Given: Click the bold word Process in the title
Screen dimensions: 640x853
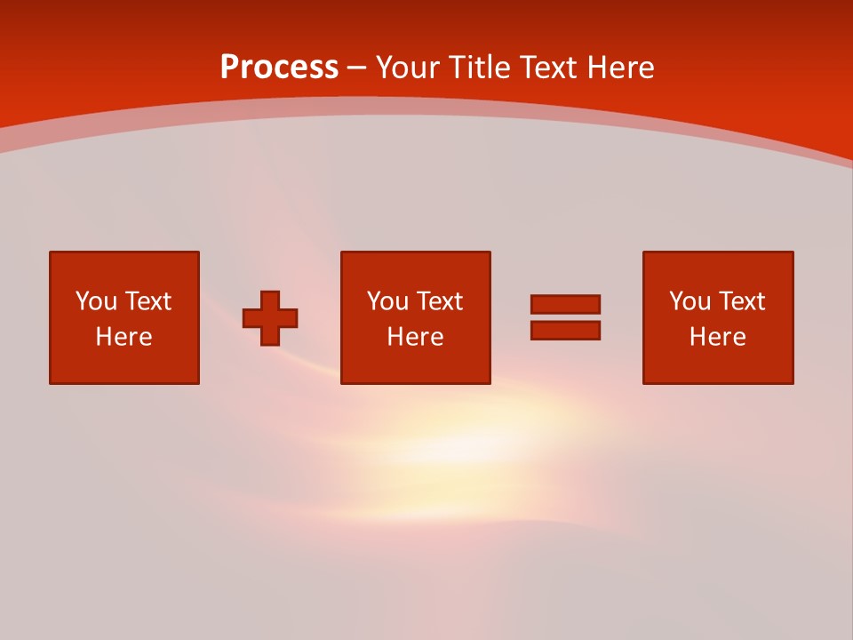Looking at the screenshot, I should [x=279, y=68].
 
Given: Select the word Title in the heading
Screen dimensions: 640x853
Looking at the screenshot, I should [x=482, y=68].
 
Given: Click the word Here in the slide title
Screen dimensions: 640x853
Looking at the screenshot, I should [x=622, y=68].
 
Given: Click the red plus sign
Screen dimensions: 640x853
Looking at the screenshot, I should [x=270, y=318].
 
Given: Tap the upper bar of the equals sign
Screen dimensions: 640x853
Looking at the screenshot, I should [x=565, y=304].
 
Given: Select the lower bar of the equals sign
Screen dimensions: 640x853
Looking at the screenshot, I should [x=565, y=330].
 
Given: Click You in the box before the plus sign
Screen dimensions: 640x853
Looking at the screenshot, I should [x=96, y=301].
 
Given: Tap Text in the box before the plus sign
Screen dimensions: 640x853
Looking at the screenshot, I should [x=147, y=301].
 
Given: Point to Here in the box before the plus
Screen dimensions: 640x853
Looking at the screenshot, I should [x=124, y=337].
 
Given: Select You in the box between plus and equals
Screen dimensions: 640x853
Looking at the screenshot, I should [x=387, y=301].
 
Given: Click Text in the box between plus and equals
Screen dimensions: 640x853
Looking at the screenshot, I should [x=439, y=301].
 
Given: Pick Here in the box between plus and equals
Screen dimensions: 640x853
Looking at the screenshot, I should [x=415, y=337].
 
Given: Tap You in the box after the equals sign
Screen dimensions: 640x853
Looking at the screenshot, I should [x=690, y=301].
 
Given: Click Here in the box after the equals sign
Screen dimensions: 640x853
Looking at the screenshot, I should [x=717, y=337].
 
